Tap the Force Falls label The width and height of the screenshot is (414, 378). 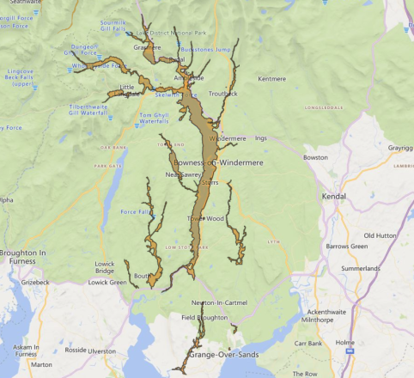click(x=136, y=211)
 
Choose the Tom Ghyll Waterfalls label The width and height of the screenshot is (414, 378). click(x=155, y=118)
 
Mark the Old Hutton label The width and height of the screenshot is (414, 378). click(x=381, y=235)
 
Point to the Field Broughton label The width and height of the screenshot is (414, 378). click(x=204, y=318)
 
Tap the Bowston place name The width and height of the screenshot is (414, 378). click(x=315, y=157)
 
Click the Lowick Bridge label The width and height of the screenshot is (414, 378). click(x=105, y=268)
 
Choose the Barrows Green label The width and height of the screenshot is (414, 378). click(x=372, y=247)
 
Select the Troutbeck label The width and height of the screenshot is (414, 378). click(x=222, y=93)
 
